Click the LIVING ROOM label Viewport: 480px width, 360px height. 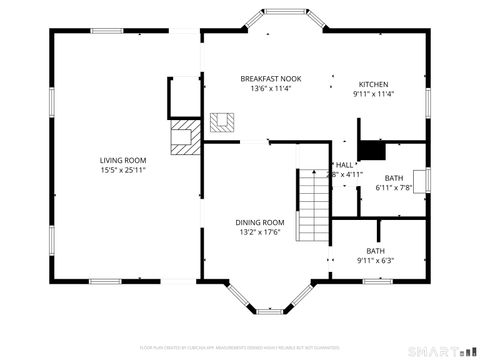123,160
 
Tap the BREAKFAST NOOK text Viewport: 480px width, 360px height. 270,78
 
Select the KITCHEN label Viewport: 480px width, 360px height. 374,84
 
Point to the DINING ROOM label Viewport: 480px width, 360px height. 260,222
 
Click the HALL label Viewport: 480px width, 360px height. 345,164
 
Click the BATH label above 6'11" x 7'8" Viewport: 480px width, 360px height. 394,177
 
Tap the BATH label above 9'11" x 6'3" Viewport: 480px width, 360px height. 375,251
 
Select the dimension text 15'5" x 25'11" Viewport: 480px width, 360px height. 123,170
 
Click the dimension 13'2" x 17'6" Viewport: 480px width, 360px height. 260,232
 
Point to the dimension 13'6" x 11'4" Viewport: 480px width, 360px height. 270,88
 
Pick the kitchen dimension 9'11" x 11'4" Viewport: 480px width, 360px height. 374,94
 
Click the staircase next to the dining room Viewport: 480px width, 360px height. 313,199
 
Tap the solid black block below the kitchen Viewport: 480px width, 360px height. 372,150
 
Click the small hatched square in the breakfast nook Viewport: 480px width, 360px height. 222,123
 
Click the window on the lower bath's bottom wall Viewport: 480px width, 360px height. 377,281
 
